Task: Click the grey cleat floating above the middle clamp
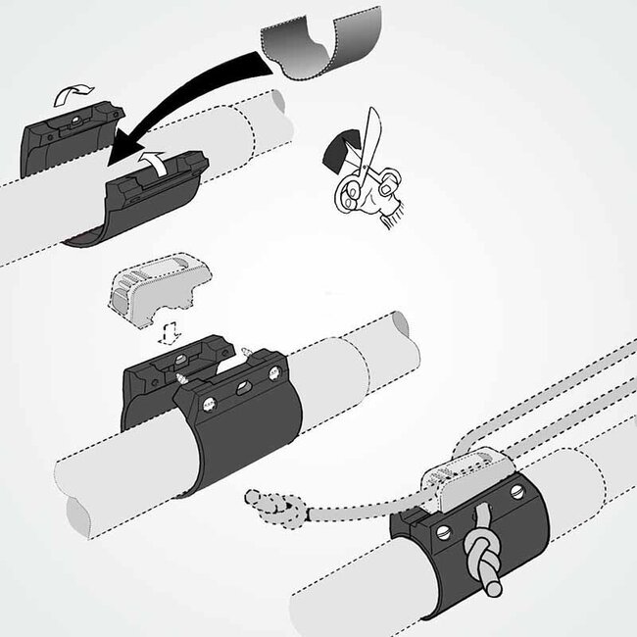[156, 289]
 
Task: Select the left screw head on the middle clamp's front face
[207, 401]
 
